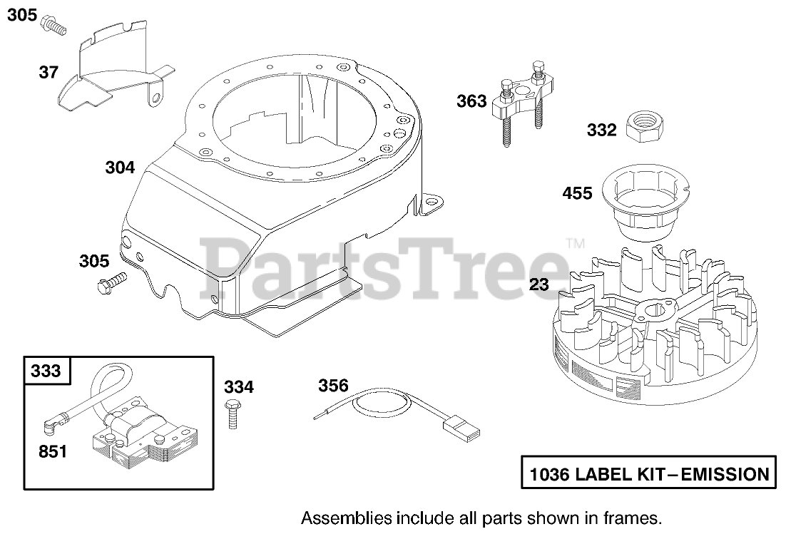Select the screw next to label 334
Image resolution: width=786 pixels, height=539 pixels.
pos(231,414)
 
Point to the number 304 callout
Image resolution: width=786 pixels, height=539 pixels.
pos(119,168)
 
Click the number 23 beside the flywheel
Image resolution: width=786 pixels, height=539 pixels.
pos(540,285)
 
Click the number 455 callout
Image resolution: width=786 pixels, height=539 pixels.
pos(578,192)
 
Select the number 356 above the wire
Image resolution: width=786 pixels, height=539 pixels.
pos(333,386)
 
